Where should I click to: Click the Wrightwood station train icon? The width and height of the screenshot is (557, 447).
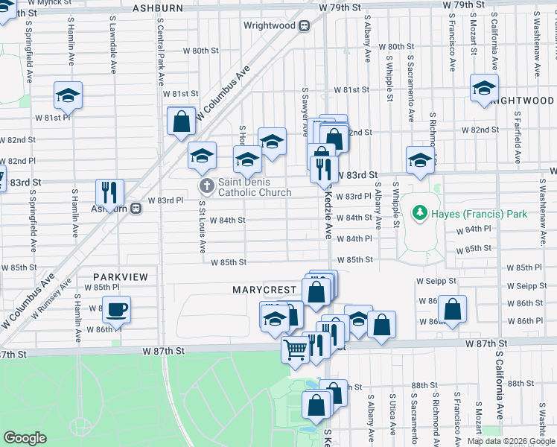click(x=304, y=25)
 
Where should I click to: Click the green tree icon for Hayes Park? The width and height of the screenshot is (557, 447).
click(x=421, y=214)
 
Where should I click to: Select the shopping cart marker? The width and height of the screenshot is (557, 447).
click(x=296, y=349)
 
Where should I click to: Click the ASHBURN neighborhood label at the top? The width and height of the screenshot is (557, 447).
click(x=158, y=7)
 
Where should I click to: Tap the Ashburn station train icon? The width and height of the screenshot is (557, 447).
click(x=136, y=209)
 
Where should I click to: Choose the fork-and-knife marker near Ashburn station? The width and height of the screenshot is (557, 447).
click(x=110, y=192)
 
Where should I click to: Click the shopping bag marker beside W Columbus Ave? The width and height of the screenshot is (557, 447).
click(x=181, y=121)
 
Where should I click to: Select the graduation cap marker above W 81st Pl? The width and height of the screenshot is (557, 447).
click(x=68, y=95)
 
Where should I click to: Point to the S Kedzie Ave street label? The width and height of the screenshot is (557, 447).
click(x=327, y=213)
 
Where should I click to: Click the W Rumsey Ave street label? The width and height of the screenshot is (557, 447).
click(x=51, y=297)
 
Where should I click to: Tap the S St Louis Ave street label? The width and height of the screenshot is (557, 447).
click(x=202, y=226)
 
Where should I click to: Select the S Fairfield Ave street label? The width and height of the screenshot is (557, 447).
click(x=517, y=137)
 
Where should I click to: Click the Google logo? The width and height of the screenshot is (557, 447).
click(x=25, y=438)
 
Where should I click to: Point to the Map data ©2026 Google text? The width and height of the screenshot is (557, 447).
click(x=510, y=441)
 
